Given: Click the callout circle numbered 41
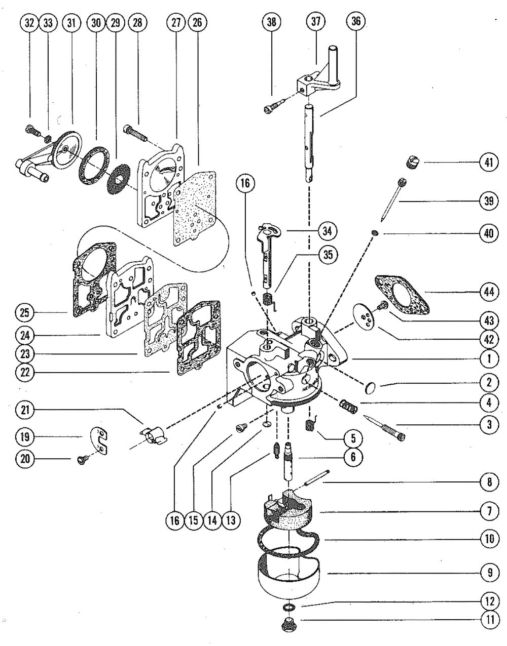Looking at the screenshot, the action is [x=489, y=163].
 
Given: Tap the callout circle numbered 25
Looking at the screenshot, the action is [x=24, y=312].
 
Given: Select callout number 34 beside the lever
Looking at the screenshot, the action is [x=327, y=231].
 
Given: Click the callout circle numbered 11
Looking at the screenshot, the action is [x=490, y=620].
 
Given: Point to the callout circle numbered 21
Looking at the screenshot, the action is [x=25, y=410].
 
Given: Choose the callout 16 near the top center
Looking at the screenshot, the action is [x=245, y=183].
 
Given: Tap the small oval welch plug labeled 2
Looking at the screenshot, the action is [x=370, y=388].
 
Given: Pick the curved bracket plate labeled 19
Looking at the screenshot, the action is [x=99, y=441].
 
